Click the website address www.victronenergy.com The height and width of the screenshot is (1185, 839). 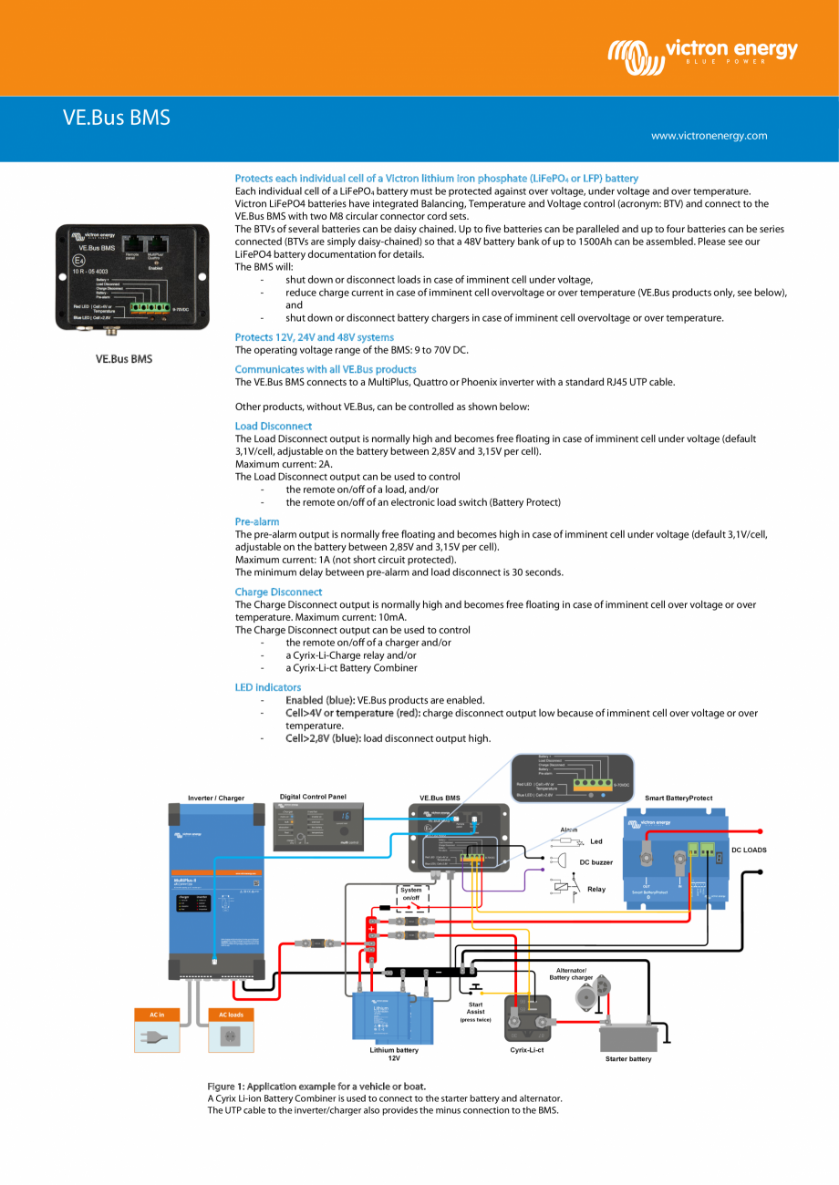point(709,136)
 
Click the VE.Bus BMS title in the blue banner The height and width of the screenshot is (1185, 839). point(116,118)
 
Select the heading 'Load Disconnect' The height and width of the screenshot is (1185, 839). point(273,426)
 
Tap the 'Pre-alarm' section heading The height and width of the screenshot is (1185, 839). point(257,521)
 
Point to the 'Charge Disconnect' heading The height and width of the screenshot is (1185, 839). point(278,592)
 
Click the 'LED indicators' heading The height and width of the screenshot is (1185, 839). point(267,686)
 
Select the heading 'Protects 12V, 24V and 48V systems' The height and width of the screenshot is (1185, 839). point(314,337)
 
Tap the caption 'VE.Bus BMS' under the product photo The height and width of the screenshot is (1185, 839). point(124,359)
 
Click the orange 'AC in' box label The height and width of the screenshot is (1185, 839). point(157,1015)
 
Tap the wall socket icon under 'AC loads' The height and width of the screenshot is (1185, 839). point(231,1036)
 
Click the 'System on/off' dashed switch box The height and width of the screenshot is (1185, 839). point(410,900)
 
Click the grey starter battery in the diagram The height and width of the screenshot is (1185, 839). point(628,1036)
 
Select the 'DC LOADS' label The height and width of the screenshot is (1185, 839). point(749,850)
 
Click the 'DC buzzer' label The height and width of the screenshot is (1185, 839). point(596,861)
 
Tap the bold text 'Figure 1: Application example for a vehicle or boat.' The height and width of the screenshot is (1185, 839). point(316,1086)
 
